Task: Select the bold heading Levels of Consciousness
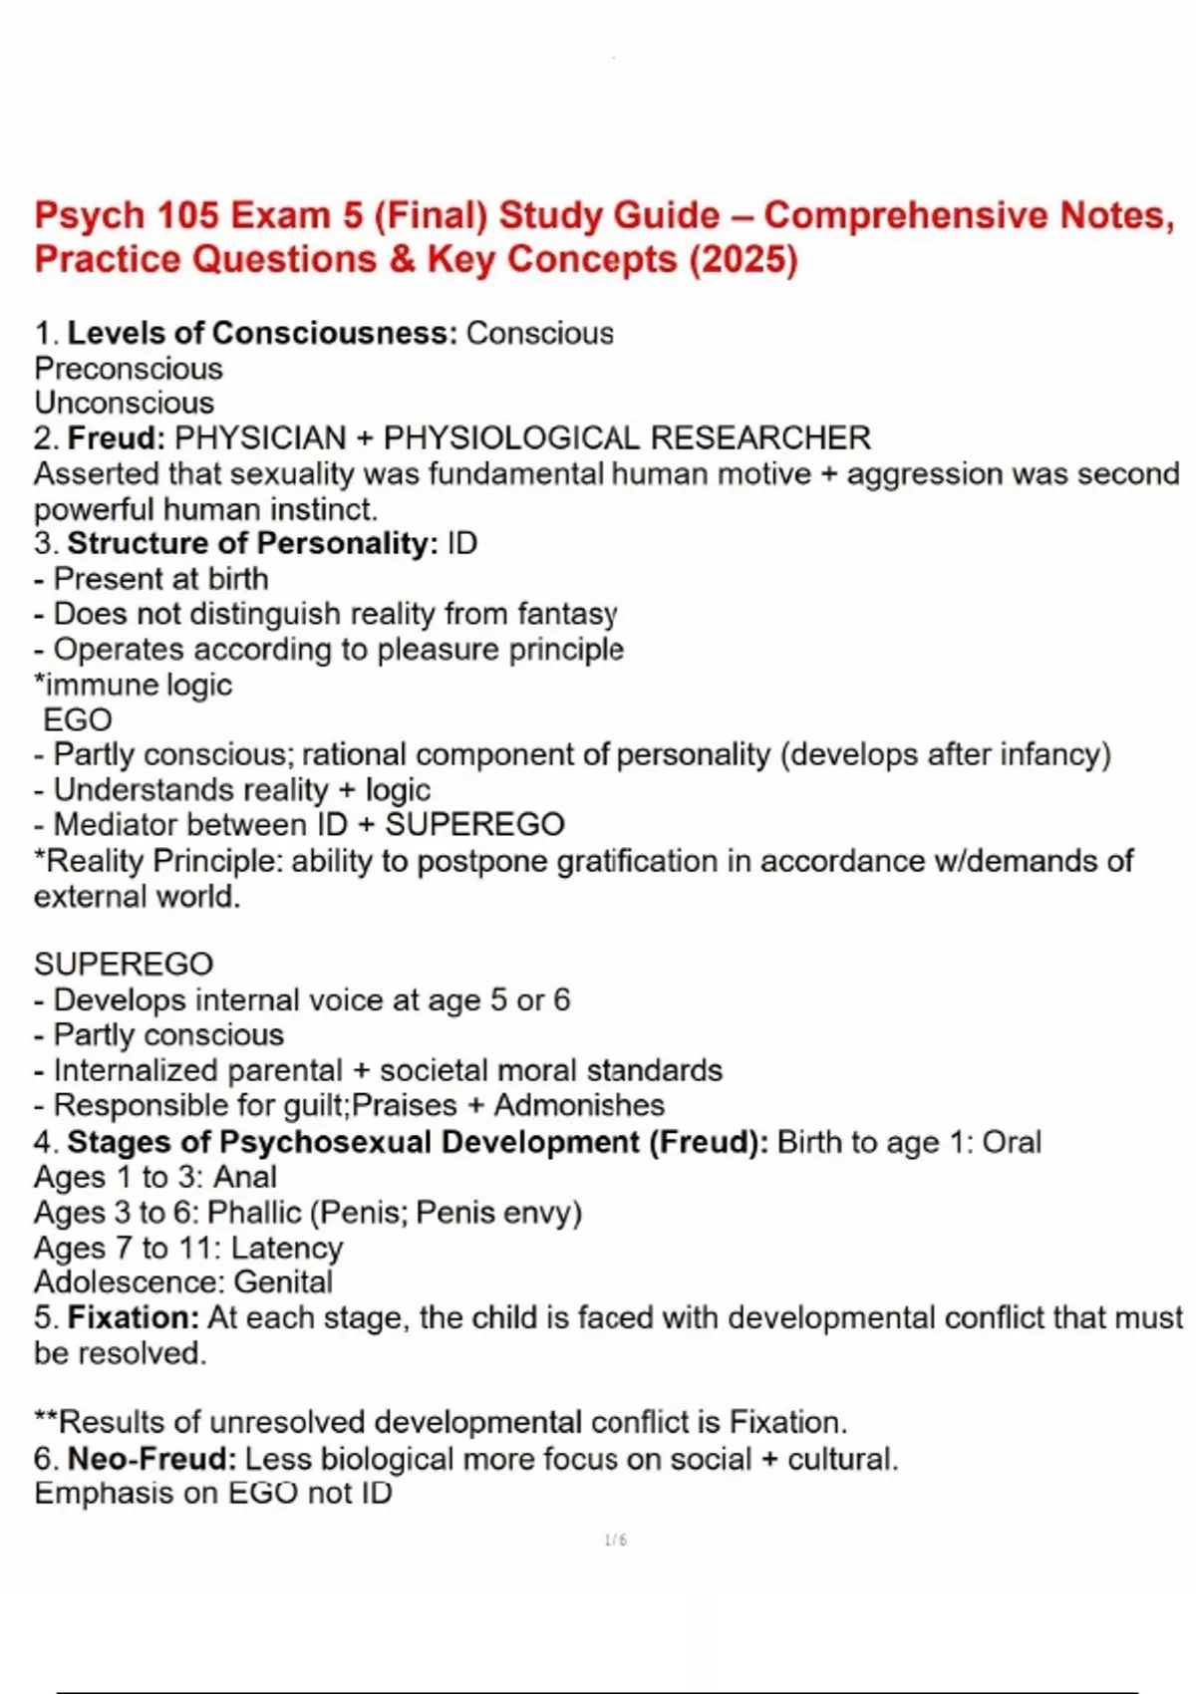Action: click(x=262, y=333)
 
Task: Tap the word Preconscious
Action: click(x=129, y=369)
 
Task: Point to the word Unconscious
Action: click(x=125, y=403)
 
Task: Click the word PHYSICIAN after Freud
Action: click(x=260, y=437)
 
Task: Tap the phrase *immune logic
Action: click(x=134, y=685)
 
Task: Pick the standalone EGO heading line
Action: click(x=78, y=719)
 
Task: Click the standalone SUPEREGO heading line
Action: click(x=124, y=964)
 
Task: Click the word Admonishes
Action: click(x=579, y=1105)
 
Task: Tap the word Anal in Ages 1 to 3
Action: click(x=245, y=1177)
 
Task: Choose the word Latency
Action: click(x=287, y=1248)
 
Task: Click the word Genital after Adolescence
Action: click(x=283, y=1282)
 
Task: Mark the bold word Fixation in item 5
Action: click(x=134, y=1317)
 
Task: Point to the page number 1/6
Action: click(x=616, y=1541)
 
